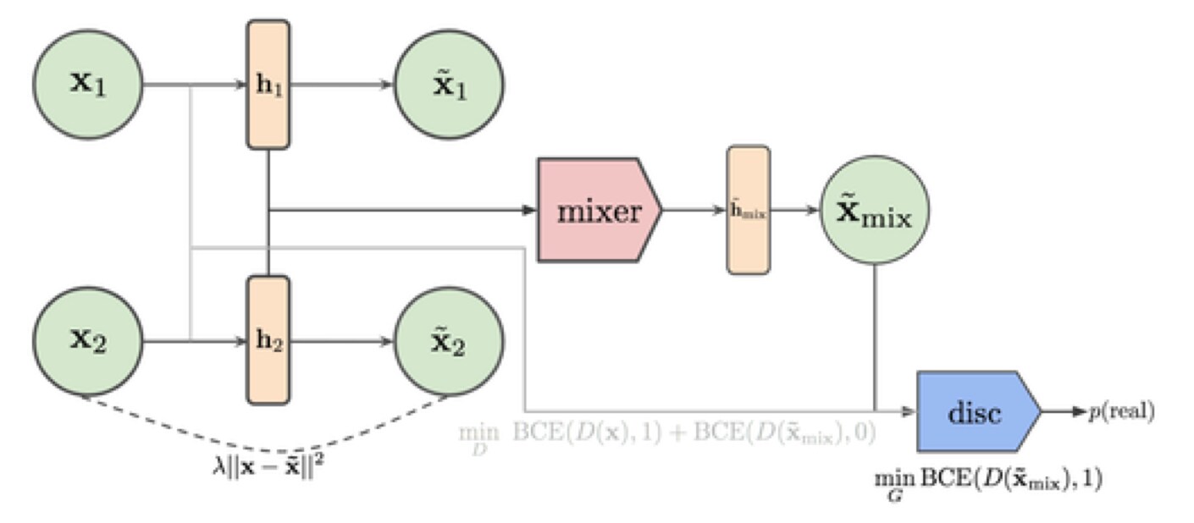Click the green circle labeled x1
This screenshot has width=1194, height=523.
pos(87,85)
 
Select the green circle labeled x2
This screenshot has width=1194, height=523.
pos(87,343)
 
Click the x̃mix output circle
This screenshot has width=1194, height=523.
pos(874,211)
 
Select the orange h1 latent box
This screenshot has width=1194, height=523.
pos(268,85)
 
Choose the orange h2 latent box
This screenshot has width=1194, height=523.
pos(268,341)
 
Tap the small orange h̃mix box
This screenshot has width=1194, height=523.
pos(749,211)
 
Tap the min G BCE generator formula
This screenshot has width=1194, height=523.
pos(987,482)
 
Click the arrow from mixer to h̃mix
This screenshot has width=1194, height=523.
pos(694,211)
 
